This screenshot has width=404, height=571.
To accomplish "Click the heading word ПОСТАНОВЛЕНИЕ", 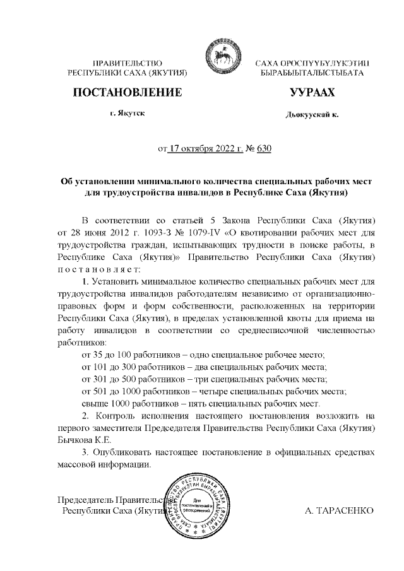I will click(128, 93).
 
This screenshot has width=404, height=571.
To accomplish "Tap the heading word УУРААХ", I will click(311, 93).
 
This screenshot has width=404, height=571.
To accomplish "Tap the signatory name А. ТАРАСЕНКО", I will click(340, 510).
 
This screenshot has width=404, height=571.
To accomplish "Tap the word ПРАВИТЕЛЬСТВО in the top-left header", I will click(128, 64).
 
